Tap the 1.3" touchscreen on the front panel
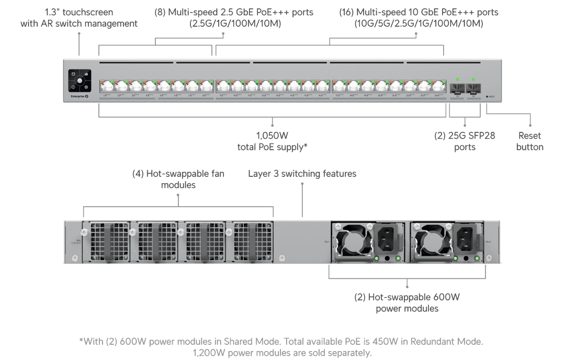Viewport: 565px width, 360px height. (80, 81)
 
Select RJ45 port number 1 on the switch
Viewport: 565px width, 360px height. (107, 86)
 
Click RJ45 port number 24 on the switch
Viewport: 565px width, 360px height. (438, 86)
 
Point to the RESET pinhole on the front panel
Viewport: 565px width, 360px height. (487, 97)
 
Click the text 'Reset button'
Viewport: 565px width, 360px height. (530, 141)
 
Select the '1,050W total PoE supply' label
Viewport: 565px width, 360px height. (272, 141)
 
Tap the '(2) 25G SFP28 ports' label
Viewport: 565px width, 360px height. (465, 141)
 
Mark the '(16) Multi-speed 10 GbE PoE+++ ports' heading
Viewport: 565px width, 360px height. (419, 17)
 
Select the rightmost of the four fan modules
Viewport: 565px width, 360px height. (252, 241)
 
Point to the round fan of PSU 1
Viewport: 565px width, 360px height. (352, 242)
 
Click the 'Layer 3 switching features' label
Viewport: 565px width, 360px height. (302, 174)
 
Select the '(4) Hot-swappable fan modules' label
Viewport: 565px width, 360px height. (178, 179)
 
